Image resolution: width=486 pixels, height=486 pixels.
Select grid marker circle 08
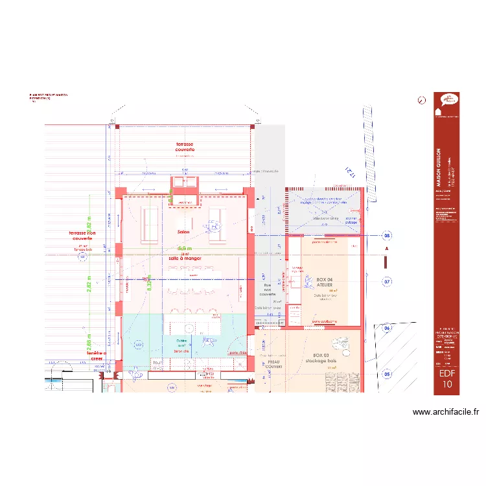(387, 235)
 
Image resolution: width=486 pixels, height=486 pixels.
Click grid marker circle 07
(387, 282)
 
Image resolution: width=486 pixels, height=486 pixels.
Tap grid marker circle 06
(387, 329)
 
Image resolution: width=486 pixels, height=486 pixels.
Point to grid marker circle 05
(387, 374)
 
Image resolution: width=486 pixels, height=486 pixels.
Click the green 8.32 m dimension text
(149, 284)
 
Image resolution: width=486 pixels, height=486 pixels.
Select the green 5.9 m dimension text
(185, 249)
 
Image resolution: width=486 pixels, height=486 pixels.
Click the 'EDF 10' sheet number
(447, 378)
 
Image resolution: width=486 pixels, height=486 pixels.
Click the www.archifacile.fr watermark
(445, 411)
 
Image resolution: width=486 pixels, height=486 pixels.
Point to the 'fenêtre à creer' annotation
(92, 356)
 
